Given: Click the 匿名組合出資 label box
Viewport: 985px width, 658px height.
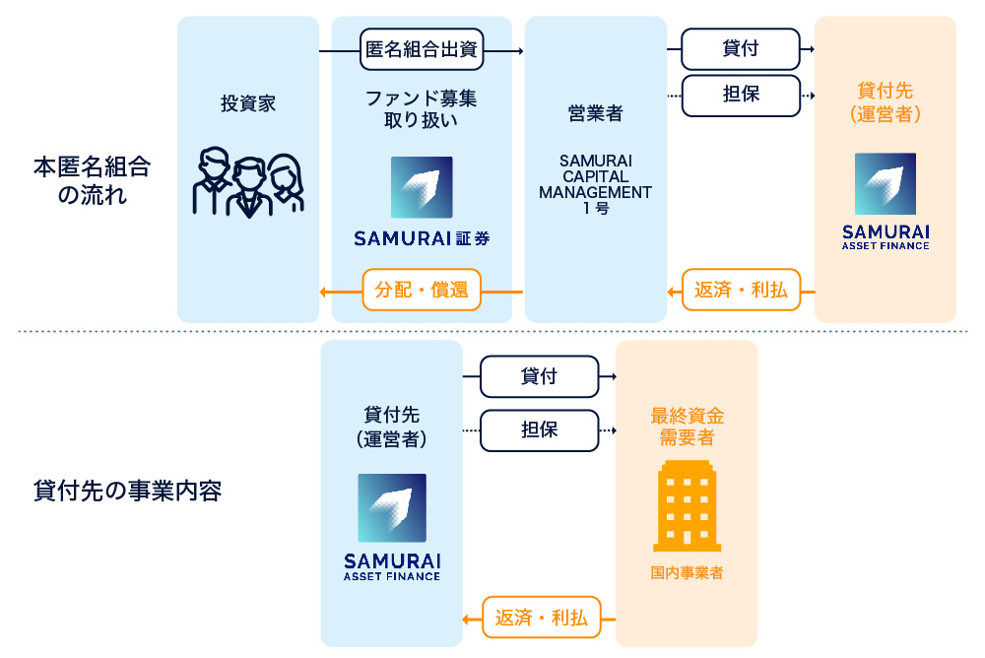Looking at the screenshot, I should (422, 50).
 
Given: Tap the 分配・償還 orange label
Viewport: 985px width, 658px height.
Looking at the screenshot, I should (422, 291).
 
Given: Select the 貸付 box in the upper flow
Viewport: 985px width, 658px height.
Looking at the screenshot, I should (740, 48).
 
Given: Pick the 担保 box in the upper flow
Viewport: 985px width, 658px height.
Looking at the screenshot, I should (740, 96).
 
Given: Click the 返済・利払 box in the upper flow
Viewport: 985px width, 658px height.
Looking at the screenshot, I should (741, 291).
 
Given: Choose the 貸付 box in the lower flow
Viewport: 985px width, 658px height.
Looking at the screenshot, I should (539, 376).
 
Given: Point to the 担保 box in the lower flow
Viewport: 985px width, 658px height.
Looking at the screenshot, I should (539, 430).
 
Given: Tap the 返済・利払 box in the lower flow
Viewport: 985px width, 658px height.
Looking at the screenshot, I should (540, 619).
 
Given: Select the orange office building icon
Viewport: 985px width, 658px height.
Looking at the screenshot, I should (687, 504).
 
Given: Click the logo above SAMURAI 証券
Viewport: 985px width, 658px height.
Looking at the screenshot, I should (422, 187).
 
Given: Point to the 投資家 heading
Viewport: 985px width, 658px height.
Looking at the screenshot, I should (248, 103).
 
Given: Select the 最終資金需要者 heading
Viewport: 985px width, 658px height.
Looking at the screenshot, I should (687, 426).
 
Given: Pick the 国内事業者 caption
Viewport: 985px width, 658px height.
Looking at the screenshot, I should (687, 572).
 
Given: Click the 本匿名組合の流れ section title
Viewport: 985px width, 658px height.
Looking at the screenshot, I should (92, 180).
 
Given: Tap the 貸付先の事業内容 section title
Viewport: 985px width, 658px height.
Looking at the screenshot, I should (127, 491).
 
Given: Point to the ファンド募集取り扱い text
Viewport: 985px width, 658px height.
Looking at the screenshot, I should (422, 109).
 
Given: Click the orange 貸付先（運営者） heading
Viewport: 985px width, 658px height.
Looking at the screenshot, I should (885, 102).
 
